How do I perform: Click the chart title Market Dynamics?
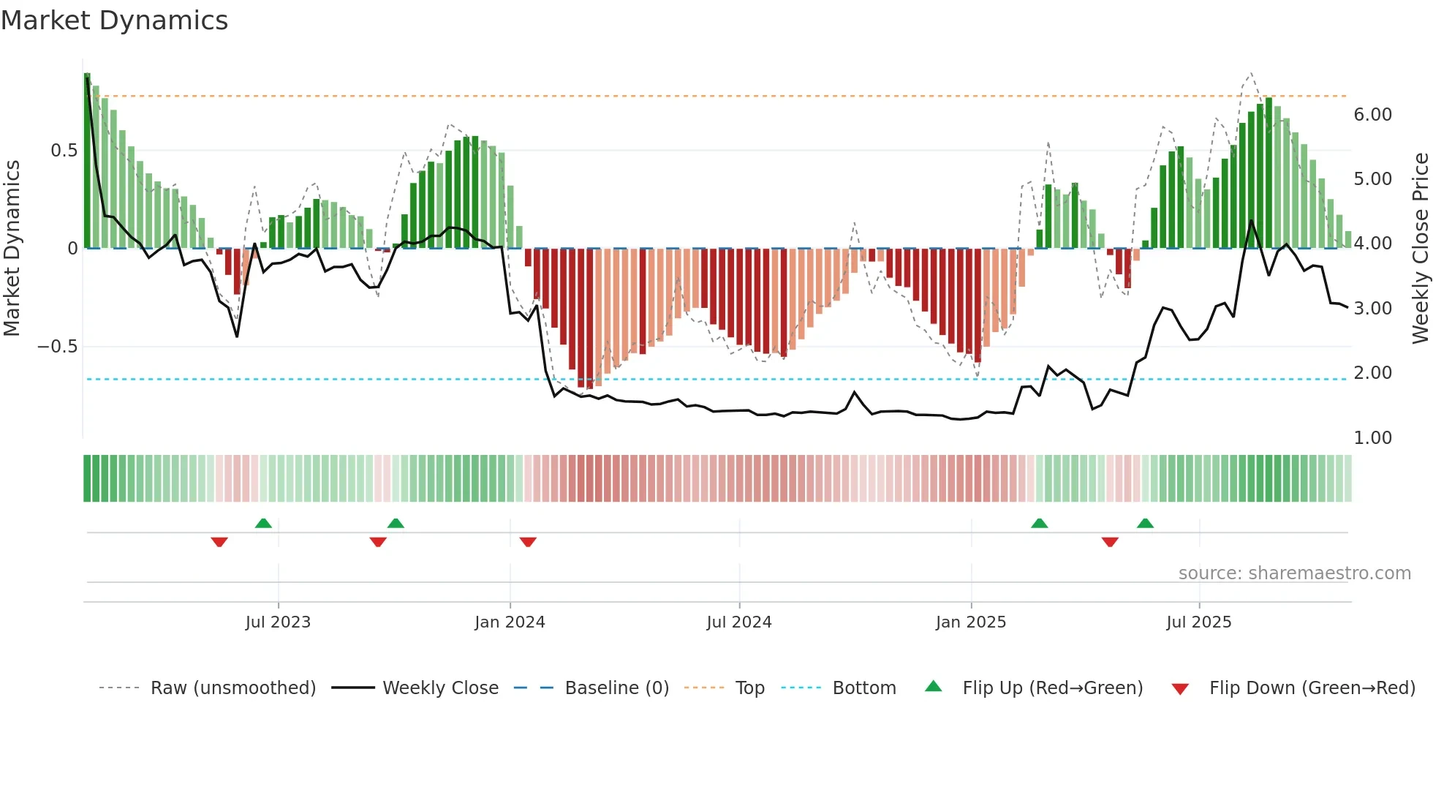[114, 20]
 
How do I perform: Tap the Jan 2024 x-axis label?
[510, 622]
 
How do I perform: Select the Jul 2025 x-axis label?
[1198, 622]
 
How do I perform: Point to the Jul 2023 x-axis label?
[278, 622]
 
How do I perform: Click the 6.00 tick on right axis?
[1372, 115]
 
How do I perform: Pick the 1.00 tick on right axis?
[1372, 438]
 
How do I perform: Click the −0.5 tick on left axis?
[58, 347]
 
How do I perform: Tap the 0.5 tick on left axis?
[64, 151]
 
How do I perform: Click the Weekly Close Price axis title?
[1420, 248]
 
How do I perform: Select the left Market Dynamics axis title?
[12, 248]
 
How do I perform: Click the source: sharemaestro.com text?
[1294, 573]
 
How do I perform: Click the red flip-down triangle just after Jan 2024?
[528, 542]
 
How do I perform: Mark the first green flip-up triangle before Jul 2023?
[263, 523]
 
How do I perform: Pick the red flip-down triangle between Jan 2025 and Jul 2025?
[1110, 542]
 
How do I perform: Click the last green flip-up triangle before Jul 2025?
[1145, 523]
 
